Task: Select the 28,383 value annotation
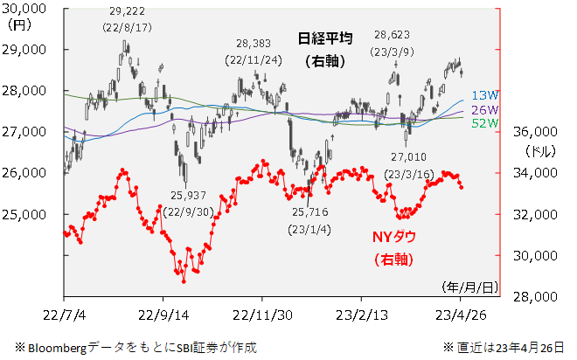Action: tap(254, 44)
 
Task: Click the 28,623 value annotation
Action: tap(392, 35)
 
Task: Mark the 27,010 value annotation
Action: tap(410, 156)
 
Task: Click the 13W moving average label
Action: tap(483, 94)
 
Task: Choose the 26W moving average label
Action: tap(483, 109)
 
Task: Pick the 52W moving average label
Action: tap(483, 123)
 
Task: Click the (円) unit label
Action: tap(16, 25)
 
